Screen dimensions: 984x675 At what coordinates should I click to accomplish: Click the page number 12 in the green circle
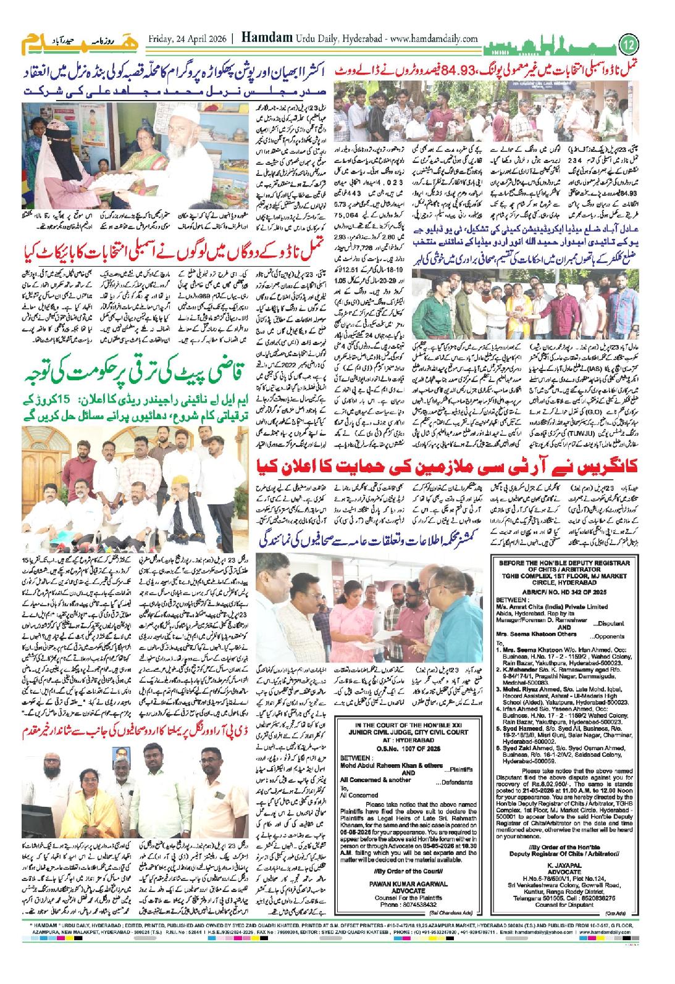[x=629, y=44]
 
